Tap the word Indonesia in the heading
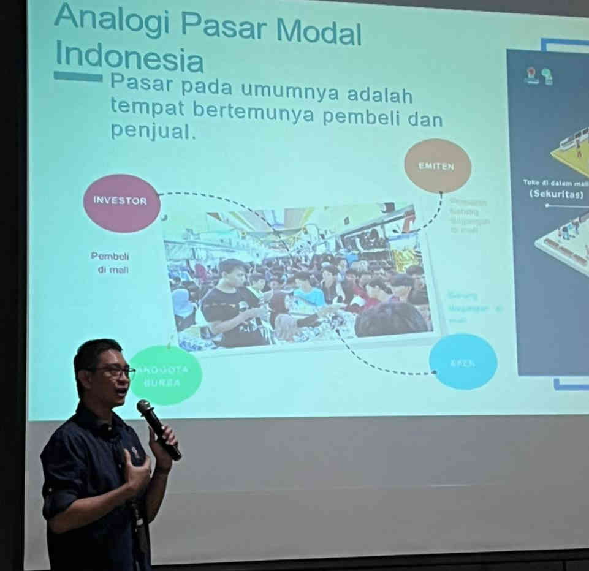[x=129, y=57]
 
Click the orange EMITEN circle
[x=437, y=166]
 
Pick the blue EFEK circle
[x=463, y=361]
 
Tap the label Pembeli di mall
[x=110, y=263]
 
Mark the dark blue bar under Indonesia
[x=78, y=77]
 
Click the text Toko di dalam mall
[x=555, y=183]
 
